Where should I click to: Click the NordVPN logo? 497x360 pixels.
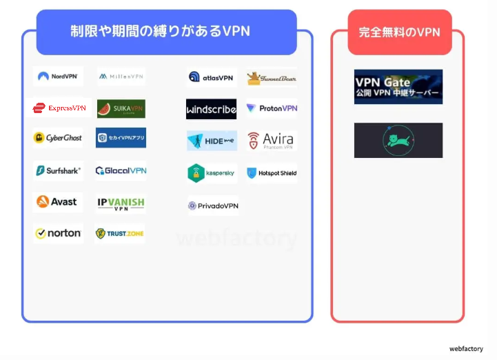click(58, 77)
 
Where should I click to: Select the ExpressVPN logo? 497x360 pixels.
click(59, 108)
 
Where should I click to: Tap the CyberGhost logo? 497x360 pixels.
click(58, 138)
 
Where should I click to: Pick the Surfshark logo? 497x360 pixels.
click(58, 170)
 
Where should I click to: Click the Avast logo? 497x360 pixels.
click(58, 202)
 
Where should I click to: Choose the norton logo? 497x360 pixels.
click(58, 233)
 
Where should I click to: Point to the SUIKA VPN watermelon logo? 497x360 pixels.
click(121, 109)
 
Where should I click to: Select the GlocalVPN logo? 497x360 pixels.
click(121, 170)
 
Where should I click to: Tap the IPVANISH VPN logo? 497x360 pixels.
click(121, 203)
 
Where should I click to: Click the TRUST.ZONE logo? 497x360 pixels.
click(120, 234)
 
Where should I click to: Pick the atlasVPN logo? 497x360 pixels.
click(211, 77)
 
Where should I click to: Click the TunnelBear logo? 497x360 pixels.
click(272, 78)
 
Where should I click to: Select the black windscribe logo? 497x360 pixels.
click(211, 109)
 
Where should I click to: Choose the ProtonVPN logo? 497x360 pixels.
click(272, 108)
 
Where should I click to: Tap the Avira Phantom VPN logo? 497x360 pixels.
click(272, 141)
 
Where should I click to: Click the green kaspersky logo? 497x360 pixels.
click(211, 173)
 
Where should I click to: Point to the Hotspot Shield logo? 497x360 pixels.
click(272, 173)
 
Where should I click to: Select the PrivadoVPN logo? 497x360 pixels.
click(213, 206)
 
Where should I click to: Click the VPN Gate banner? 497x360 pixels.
click(398, 87)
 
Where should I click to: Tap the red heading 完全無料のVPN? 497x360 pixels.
click(399, 32)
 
